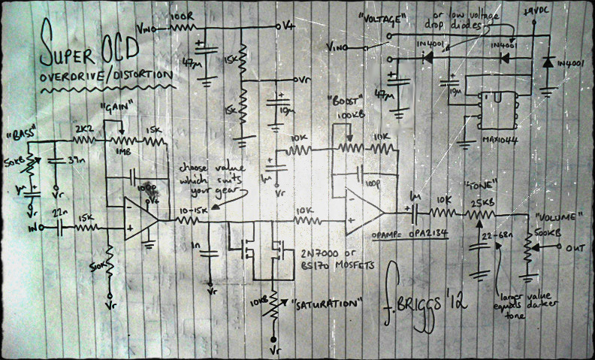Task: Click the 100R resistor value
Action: pyautogui.click(x=183, y=17)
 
